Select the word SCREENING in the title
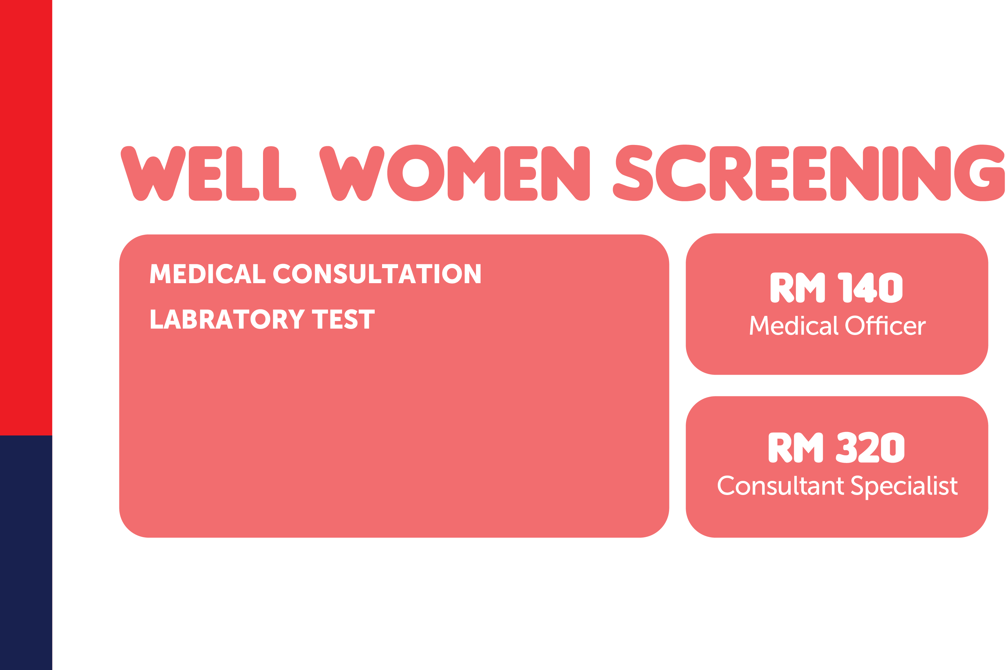click(809, 173)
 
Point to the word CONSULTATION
click(377, 274)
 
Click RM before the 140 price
click(797, 288)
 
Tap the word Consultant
click(780, 485)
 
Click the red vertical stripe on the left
click(26, 218)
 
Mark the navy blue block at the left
click(26, 553)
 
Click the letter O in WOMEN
click(416, 173)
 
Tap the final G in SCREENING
click(980, 173)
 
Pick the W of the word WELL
click(153, 173)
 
